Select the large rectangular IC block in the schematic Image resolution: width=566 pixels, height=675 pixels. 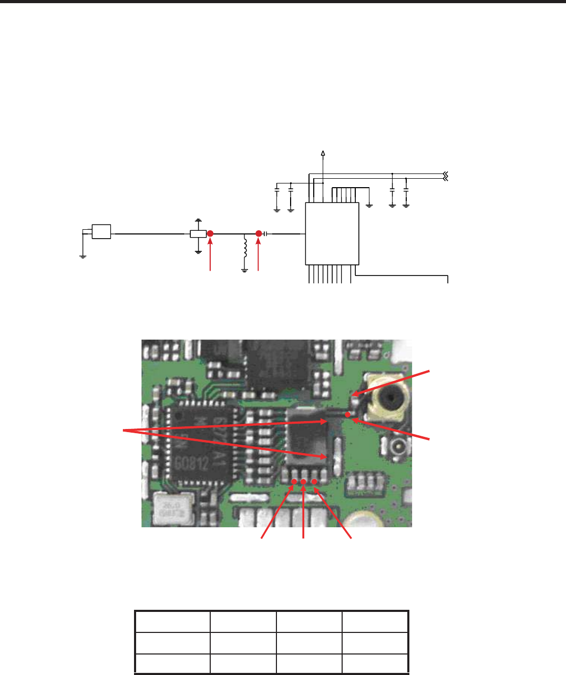coord(332,233)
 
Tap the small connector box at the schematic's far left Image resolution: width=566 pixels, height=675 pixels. coord(101,231)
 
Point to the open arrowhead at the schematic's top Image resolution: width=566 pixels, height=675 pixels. coord(323,153)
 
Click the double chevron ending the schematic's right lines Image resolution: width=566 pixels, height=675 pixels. coord(446,176)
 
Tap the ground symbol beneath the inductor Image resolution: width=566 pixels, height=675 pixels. coord(244,270)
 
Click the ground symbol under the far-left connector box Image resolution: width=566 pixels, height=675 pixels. coord(83,256)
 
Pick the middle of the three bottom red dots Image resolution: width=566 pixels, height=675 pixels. coord(304,482)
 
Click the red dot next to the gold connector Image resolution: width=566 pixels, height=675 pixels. coord(348,414)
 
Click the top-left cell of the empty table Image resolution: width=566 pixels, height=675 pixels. coord(172,621)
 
